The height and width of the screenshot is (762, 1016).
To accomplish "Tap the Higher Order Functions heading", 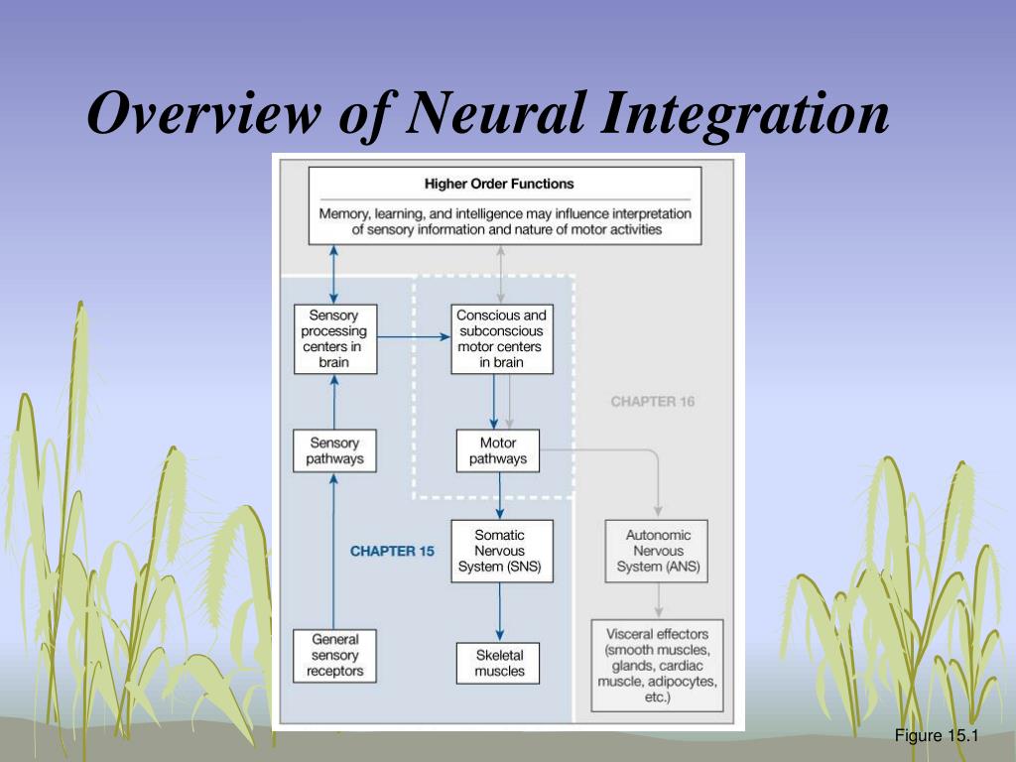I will [x=499, y=184].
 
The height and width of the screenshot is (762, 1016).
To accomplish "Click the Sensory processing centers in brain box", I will [x=334, y=338].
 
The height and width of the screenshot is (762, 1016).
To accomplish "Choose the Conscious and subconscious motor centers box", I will [x=501, y=338].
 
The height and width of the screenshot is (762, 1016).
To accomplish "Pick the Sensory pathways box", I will [x=334, y=450].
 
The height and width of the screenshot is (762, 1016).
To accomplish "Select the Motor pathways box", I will [x=498, y=450].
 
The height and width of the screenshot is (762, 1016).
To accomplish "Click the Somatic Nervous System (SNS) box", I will [x=501, y=551].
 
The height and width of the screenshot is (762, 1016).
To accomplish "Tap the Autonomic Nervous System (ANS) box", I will [x=658, y=551].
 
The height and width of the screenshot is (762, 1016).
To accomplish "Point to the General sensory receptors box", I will [x=334, y=656].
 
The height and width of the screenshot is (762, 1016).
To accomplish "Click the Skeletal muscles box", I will [x=499, y=663].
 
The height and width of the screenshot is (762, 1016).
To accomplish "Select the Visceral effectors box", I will [x=657, y=665].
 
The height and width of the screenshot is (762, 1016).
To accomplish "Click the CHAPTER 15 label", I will [x=392, y=551].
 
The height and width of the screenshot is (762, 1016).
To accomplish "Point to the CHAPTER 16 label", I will [x=653, y=402].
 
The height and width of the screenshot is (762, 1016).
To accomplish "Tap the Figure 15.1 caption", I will [x=936, y=735].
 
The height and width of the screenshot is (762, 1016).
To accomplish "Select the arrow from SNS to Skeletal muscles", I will [x=499, y=612].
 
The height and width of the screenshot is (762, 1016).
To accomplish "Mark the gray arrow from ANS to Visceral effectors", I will [x=658, y=600].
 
